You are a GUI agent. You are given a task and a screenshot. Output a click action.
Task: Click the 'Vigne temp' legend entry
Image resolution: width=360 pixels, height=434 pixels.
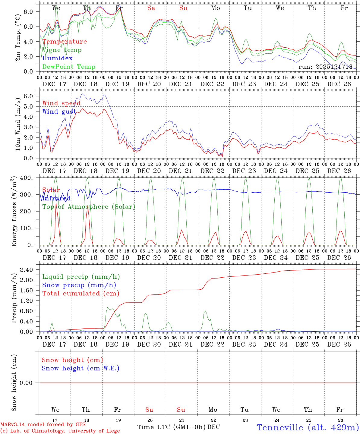(x=62, y=50)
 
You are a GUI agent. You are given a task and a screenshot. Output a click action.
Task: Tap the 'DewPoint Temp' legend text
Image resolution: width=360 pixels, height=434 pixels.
(x=69, y=67)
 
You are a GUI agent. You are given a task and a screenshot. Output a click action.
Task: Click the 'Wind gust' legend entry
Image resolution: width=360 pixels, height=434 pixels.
(x=59, y=112)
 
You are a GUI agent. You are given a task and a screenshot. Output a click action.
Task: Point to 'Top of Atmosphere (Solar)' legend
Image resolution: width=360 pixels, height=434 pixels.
(x=89, y=207)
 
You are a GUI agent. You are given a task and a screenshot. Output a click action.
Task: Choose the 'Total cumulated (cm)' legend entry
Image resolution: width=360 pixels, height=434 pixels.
(x=81, y=293)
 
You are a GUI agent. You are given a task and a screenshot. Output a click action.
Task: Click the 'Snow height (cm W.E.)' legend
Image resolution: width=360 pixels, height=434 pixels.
(x=81, y=368)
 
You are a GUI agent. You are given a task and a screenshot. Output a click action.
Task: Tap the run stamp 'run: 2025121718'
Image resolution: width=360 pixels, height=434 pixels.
(x=325, y=67)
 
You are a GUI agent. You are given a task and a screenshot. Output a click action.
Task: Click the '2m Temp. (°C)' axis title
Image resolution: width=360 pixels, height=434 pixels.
(x=18, y=38)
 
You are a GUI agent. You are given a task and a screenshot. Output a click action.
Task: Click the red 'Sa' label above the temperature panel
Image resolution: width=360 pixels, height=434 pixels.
(x=151, y=8)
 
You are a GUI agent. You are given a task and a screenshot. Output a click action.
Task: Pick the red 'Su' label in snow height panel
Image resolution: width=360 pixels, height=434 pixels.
(x=181, y=410)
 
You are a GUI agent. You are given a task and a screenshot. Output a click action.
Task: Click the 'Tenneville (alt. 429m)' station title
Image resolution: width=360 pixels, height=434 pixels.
(x=308, y=427)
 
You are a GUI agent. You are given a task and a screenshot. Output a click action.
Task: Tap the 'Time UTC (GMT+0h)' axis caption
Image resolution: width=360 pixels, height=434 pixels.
(x=171, y=427)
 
